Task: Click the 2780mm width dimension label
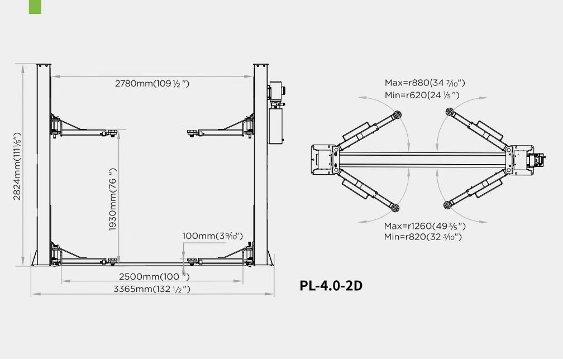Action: coord(152,84)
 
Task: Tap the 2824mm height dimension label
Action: coord(17,166)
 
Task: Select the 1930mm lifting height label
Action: coord(113,199)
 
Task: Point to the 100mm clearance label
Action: coord(213,236)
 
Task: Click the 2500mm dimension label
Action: coord(154,276)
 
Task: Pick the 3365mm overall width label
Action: coord(152,289)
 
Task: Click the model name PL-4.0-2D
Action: coord(331,286)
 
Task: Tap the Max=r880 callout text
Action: coord(424,83)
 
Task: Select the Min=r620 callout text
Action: coord(422,95)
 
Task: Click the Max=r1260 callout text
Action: coord(424,226)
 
